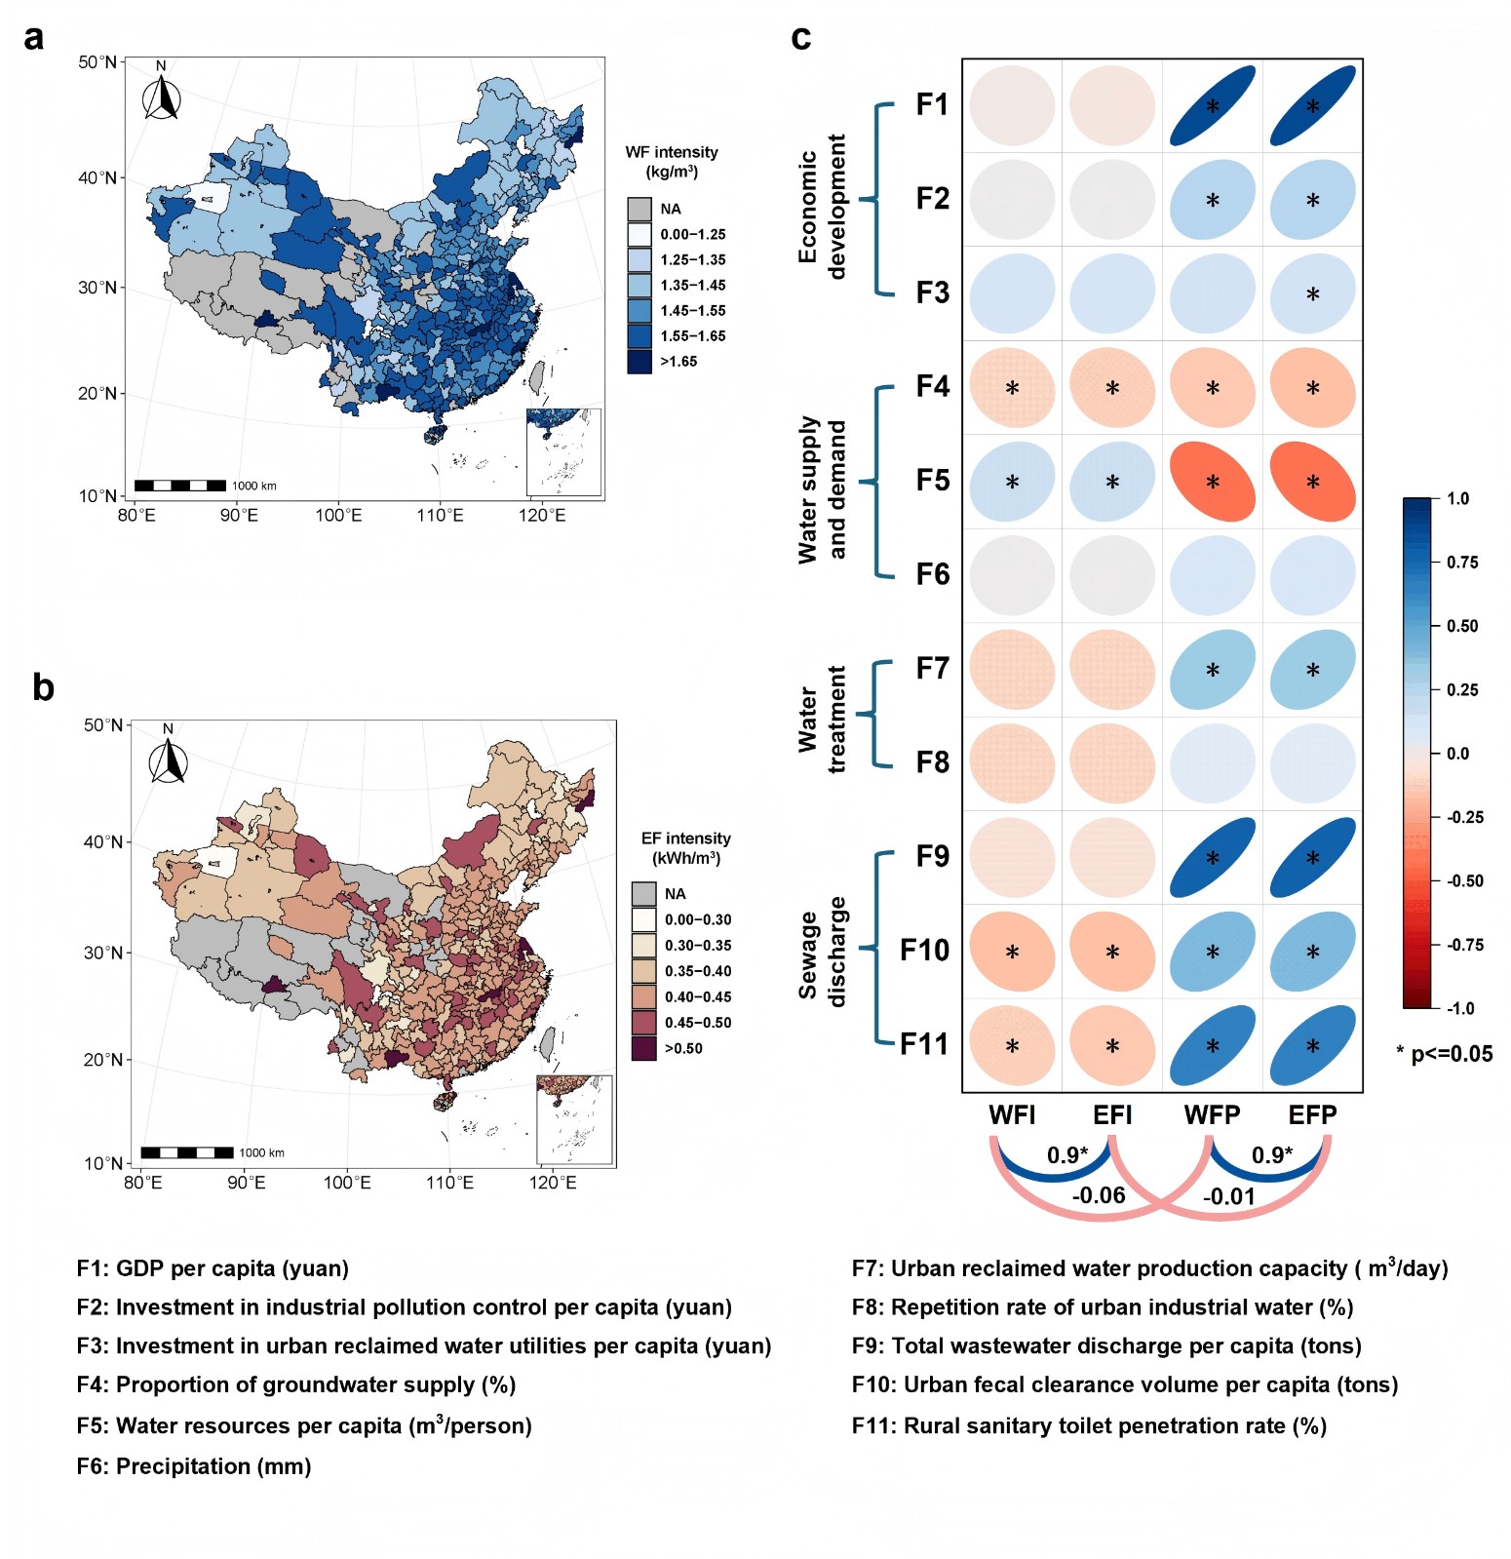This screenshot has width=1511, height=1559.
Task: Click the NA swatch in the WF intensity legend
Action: point(639,209)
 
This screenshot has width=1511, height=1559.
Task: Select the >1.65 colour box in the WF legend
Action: point(639,362)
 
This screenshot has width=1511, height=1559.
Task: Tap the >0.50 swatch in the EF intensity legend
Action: point(643,1048)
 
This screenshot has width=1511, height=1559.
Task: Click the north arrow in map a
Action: point(162,96)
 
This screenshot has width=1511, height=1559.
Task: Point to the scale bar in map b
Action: point(187,1152)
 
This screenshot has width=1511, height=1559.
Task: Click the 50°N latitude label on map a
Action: point(97,62)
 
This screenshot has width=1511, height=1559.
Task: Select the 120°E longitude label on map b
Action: point(554,1183)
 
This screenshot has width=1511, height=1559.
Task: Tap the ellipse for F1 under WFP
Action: point(1212,105)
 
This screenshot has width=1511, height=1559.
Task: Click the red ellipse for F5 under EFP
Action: point(1312,482)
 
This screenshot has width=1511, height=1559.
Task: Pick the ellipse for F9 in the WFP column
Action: point(1212,858)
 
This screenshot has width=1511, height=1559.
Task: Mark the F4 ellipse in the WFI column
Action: point(1012,388)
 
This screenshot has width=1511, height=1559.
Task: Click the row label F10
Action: point(923,950)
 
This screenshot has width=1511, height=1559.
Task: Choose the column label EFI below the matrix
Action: point(1112,1115)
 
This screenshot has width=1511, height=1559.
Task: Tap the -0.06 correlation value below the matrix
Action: point(1099,1195)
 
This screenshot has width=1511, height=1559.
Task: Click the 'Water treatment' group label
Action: point(822,718)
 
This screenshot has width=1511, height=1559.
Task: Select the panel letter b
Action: point(42,687)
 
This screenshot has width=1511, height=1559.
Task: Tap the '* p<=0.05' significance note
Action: point(1444,1054)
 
